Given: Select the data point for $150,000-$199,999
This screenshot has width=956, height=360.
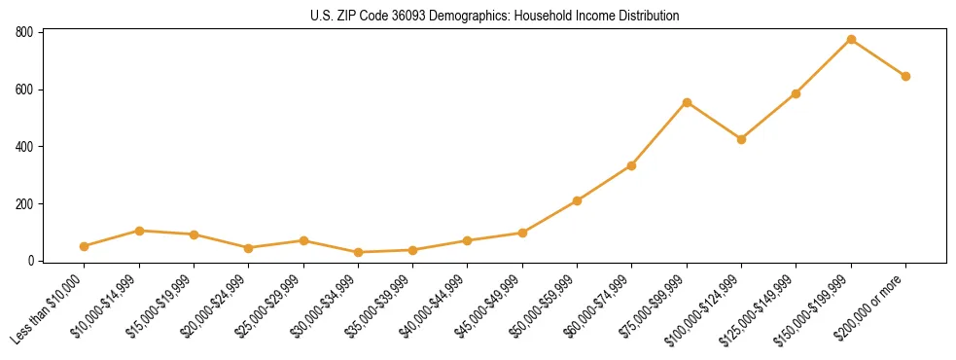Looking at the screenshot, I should click(x=851, y=40).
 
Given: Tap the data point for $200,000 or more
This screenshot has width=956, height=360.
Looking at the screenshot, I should click(x=905, y=76).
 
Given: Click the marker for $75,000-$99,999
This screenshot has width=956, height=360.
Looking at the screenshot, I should click(x=687, y=102).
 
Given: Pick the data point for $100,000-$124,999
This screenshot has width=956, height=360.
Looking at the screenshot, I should click(x=741, y=139).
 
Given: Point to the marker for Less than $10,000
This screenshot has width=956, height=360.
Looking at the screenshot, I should click(x=85, y=246).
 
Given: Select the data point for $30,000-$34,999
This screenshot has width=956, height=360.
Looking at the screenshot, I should click(x=358, y=252).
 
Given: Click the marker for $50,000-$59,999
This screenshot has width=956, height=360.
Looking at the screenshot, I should click(x=577, y=200).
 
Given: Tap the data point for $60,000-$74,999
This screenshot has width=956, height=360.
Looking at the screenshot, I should click(x=632, y=165).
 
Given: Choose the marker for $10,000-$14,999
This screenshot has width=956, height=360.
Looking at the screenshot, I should click(x=139, y=231).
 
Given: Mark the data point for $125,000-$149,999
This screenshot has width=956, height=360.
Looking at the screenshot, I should click(x=797, y=93).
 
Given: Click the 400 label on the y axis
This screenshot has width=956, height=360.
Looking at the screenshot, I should click(x=25, y=147).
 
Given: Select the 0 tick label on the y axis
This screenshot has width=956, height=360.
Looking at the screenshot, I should click(x=31, y=261).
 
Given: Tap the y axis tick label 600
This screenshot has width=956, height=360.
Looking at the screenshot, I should click(x=25, y=90).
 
